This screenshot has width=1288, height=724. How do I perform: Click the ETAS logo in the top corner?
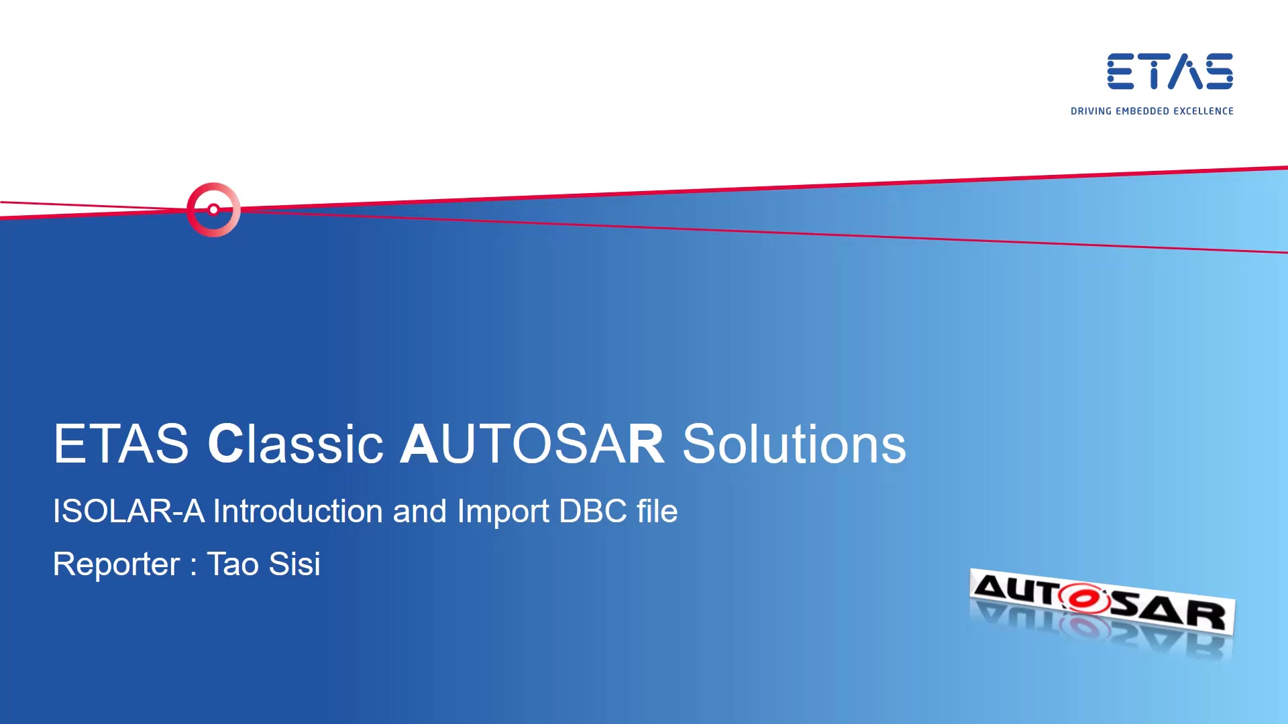pyautogui.click(x=1169, y=71)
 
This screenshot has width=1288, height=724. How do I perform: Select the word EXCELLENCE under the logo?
pyautogui.click(x=1203, y=111)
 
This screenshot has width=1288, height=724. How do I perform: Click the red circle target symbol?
pyautogui.click(x=213, y=210)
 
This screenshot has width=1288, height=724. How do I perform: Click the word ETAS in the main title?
pyautogui.click(x=121, y=444)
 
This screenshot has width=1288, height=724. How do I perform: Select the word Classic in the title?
pyautogui.click(x=295, y=444)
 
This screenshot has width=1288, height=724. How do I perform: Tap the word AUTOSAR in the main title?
pyautogui.click(x=531, y=444)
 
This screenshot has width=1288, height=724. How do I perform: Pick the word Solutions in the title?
pyautogui.click(x=794, y=444)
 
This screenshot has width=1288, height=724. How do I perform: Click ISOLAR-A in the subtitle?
pyautogui.click(x=128, y=511)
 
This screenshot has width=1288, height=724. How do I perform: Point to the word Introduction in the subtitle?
pyautogui.click(x=298, y=511)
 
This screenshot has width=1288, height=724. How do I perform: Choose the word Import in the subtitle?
pyautogui.click(x=502, y=511)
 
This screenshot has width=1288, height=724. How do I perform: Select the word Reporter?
pyautogui.click(x=116, y=564)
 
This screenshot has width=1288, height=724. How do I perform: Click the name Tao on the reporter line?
pyautogui.click(x=233, y=564)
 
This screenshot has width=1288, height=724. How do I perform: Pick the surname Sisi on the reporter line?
pyautogui.click(x=294, y=564)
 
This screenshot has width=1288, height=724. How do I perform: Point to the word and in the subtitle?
pyautogui.click(x=419, y=511)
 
